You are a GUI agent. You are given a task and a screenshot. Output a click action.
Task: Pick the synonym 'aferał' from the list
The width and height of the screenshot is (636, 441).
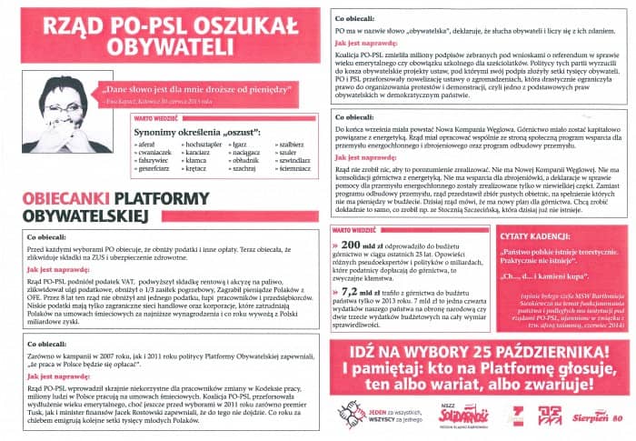point(147,145)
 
